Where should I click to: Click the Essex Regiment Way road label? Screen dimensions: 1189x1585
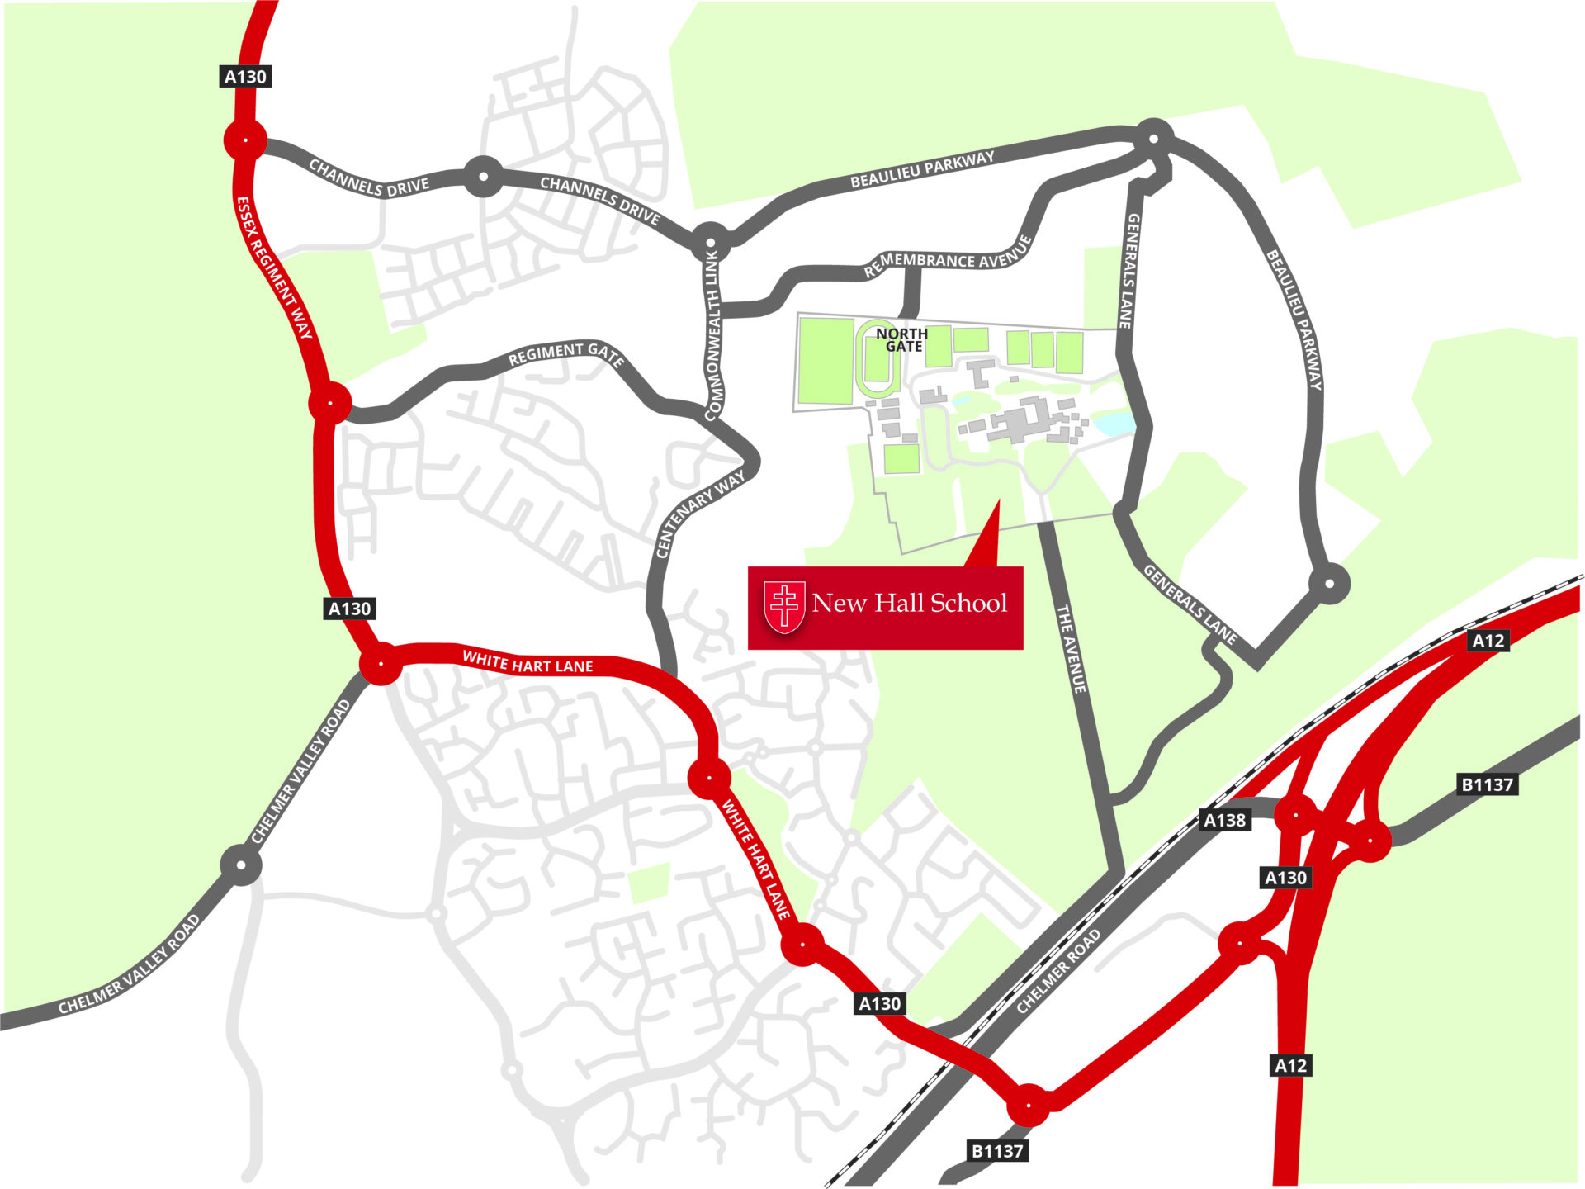point(274,268)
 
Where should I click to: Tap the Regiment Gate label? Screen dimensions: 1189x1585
point(565,353)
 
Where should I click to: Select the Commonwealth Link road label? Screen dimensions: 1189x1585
point(712,334)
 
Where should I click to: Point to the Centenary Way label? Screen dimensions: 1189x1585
point(699,514)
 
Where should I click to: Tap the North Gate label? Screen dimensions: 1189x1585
point(901,339)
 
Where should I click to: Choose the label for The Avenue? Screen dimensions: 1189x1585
point(1071,648)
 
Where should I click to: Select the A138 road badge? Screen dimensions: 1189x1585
point(1224,820)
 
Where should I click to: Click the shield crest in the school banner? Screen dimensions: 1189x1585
point(784,607)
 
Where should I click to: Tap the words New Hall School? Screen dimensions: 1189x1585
point(909,603)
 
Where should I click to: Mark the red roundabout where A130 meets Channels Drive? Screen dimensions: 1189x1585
point(245,140)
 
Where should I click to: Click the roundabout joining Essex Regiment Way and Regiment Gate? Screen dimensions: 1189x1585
point(329,404)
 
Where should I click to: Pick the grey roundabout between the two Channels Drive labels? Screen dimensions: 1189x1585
point(484,176)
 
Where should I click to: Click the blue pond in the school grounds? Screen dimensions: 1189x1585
point(1114,423)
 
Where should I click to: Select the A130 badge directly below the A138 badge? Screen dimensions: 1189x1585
point(1285,878)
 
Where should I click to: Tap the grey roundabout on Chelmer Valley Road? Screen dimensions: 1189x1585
point(241,865)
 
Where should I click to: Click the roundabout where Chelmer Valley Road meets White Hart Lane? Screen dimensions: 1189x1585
point(381,663)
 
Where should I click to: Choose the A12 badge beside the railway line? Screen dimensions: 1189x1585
point(1488,641)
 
